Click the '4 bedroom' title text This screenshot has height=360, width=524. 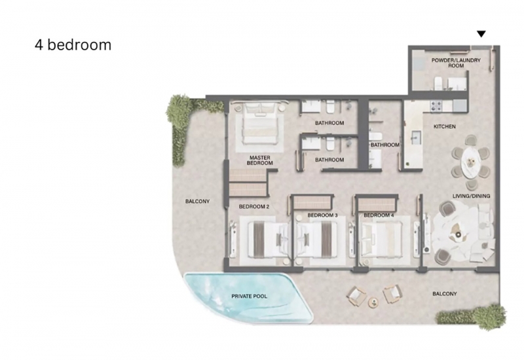pyautogui.click(x=73, y=45)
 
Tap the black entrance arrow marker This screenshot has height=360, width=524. pyautogui.click(x=481, y=34)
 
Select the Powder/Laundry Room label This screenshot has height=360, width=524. pyautogui.click(x=456, y=63)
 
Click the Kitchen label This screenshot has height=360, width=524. pyautogui.click(x=445, y=126)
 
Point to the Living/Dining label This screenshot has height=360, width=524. pyautogui.click(x=471, y=196)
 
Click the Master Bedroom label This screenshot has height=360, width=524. pyautogui.click(x=259, y=160)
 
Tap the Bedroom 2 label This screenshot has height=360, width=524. pyautogui.click(x=254, y=207)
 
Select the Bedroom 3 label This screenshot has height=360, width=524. pyautogui.click(x=322, y=215)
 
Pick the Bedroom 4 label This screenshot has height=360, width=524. pyautogui.click(x=379, y=215)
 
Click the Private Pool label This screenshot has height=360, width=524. pyautogui.click(x=250, y=297)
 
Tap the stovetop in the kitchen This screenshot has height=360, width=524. pyautogui.click(x=436, y=106)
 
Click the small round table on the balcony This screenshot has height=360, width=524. pyautogui.click(x=373, y=302)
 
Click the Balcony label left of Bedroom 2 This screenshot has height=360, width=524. pyautogui.click(x=198, y=202)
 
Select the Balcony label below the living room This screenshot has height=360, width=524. pyautogui.click(x=445, y=294)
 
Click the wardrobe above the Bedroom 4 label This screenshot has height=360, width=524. pyautogui.click(x=377, y=204)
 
